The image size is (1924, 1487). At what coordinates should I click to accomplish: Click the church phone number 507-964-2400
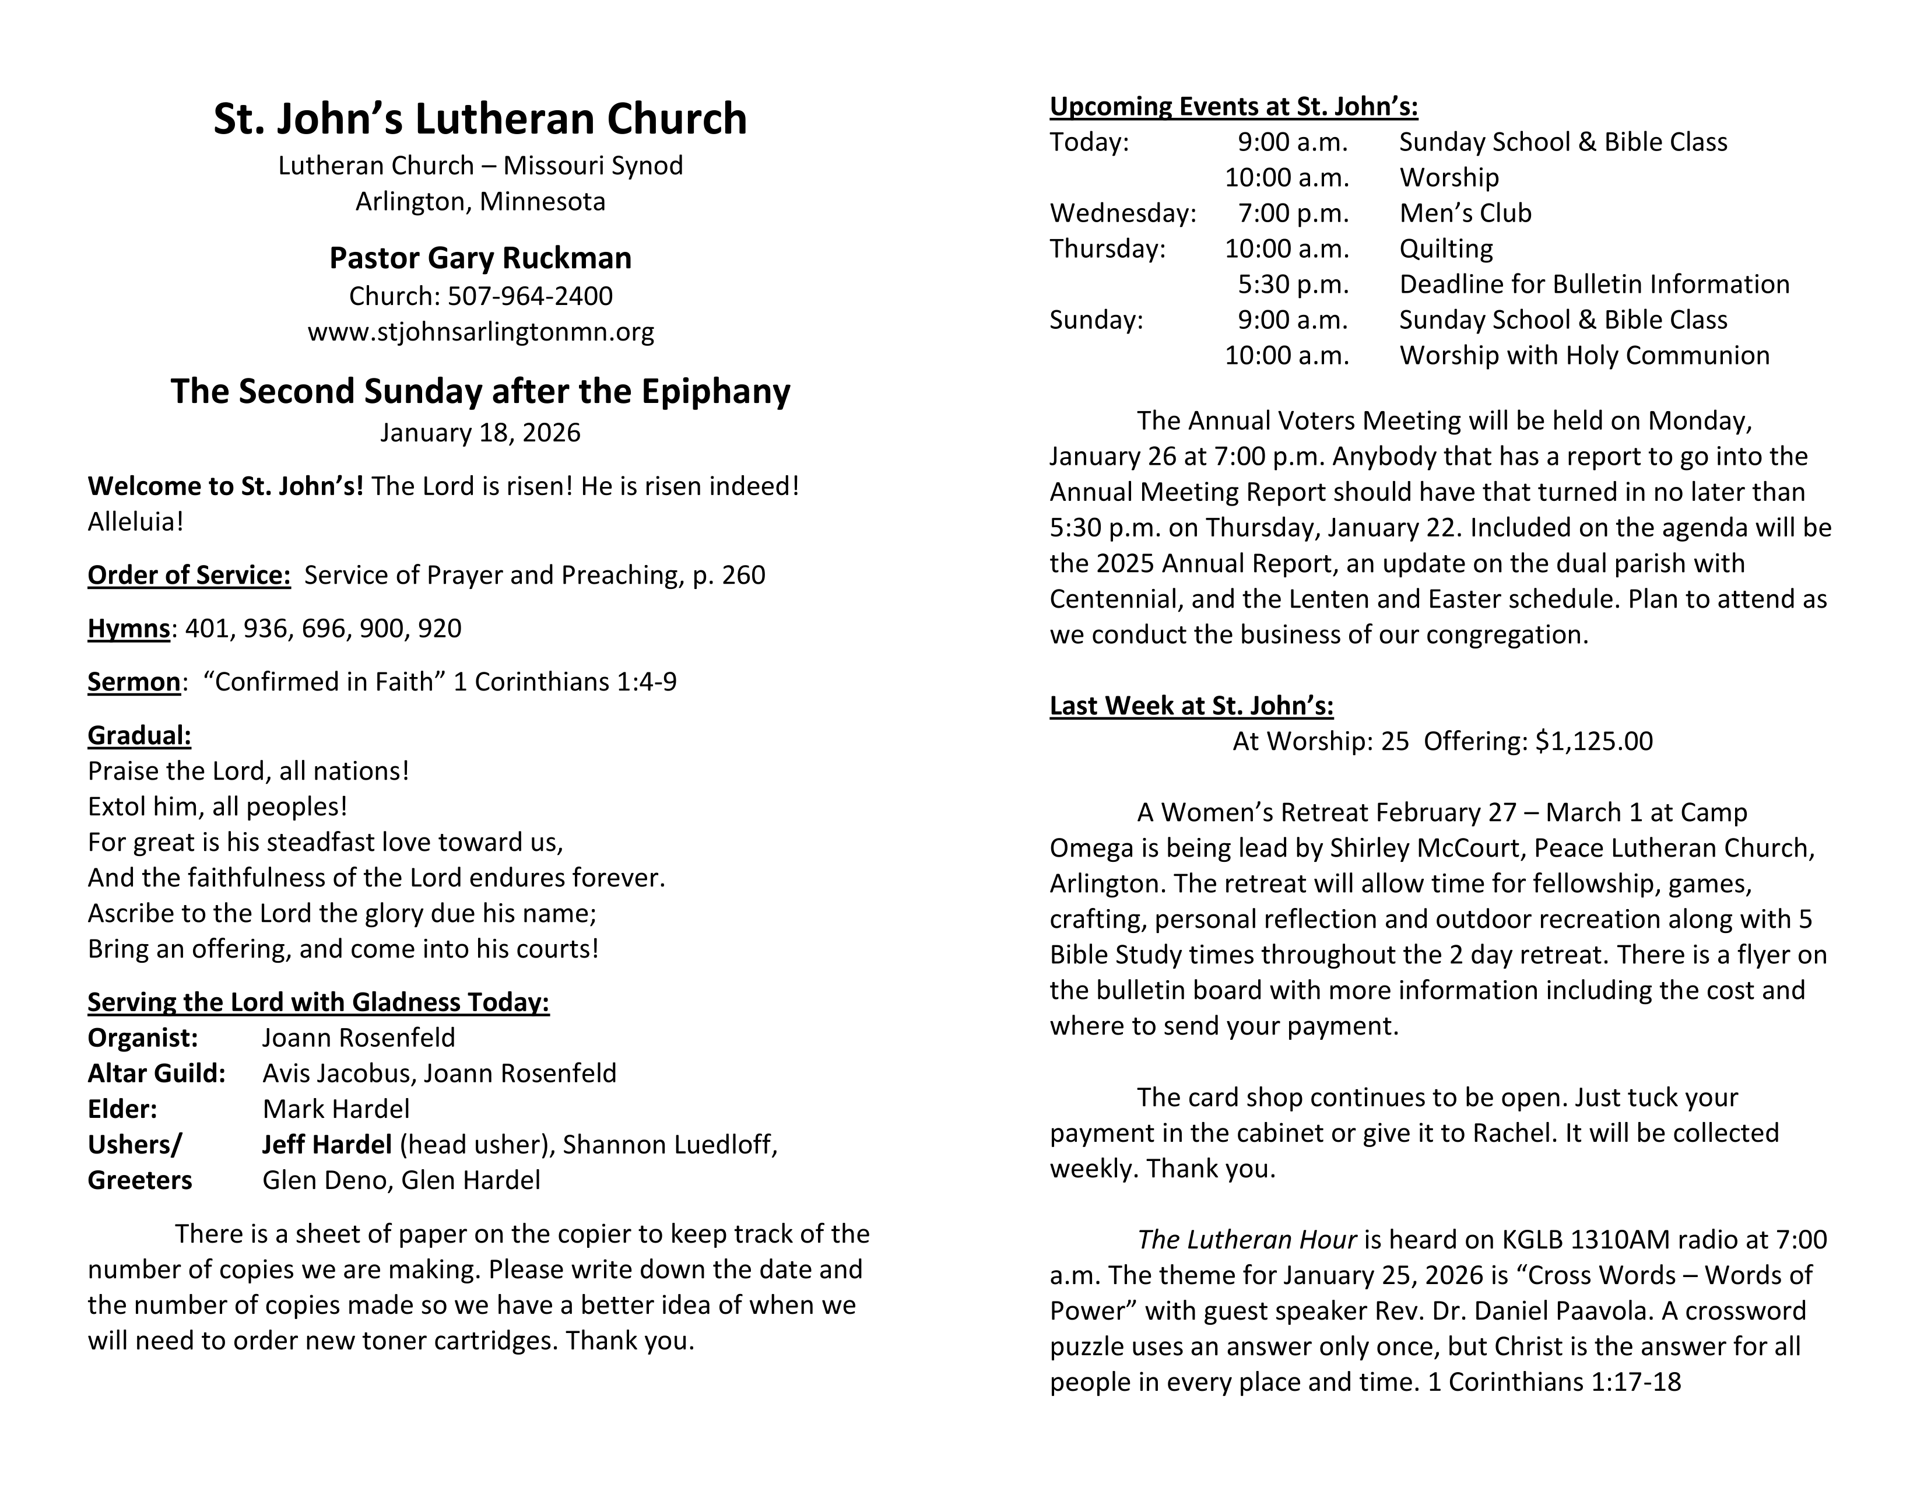(529, 296)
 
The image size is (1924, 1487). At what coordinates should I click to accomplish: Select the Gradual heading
(139, 735)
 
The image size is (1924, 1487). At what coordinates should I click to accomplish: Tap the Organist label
(143, 1038)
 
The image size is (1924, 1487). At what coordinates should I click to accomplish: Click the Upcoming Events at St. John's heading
(1233, 107)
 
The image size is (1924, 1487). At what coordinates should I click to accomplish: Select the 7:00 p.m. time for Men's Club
(1293, 213)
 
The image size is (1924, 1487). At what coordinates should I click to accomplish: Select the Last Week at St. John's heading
(1191, 706)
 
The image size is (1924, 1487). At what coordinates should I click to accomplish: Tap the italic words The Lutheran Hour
(1246, 1240)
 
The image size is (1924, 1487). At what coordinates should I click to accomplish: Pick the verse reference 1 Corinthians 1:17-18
(1553, 1382)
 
